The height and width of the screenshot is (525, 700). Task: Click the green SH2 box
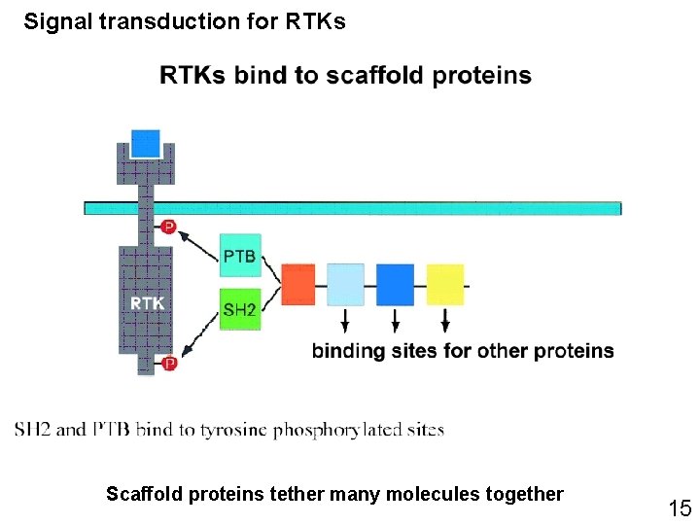(240, 308)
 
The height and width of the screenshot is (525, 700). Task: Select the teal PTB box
(240, 255)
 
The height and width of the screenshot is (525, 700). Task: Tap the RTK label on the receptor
(147, 303)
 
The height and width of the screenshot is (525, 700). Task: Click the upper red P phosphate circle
(168, 227)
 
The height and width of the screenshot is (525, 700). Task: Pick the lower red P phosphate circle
(168, 364)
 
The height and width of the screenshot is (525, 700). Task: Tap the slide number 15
(679, 507)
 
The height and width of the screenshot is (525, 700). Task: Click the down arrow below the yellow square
(445, 320)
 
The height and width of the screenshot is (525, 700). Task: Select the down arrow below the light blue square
(346, 320)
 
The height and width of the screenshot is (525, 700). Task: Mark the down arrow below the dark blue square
(395, 320)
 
